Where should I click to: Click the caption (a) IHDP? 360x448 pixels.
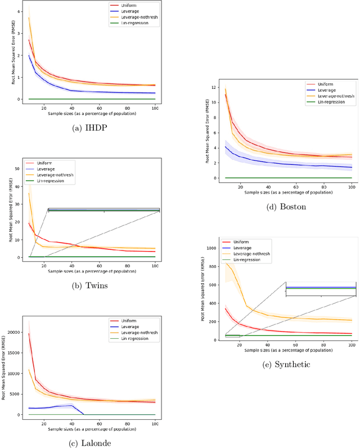[x=91, y=127]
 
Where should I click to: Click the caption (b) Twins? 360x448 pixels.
[x=91, y=285]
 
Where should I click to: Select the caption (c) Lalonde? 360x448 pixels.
[x=91, y=443]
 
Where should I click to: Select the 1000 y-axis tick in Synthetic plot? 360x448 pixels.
[x=211, y=248]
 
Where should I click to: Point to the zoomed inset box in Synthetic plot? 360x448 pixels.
[x=321, y=289]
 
